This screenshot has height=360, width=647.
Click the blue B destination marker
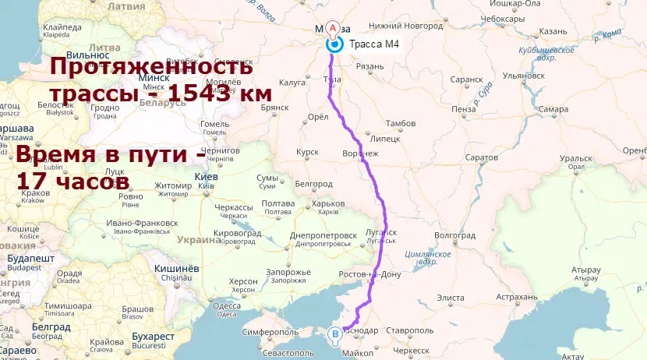335,335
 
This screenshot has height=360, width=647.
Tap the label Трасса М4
375,44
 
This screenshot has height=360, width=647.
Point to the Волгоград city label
454,235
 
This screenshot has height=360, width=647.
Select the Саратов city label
481,158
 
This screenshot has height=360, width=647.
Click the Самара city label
553,110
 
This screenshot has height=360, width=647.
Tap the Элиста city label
450,298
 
